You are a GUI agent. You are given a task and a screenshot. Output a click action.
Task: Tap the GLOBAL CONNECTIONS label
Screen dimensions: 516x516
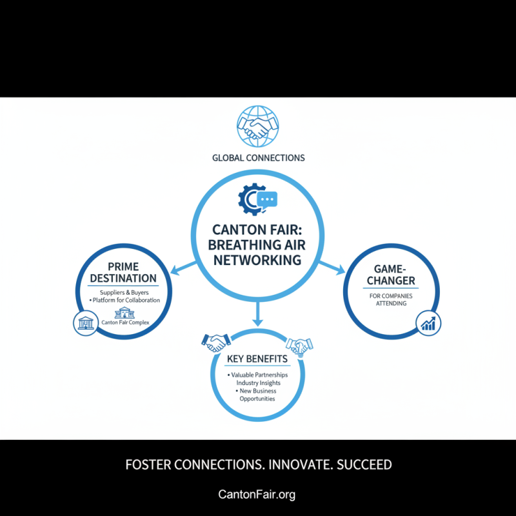click(258, 157)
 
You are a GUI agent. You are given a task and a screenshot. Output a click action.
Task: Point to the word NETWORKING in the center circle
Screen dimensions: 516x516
click(258, 260)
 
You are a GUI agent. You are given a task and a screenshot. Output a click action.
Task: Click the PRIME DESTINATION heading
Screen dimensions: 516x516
click(123, 272)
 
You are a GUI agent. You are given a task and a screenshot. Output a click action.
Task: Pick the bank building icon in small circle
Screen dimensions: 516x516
click(83, 323)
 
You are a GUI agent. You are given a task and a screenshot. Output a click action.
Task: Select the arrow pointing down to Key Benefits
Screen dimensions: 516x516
click(258, 313)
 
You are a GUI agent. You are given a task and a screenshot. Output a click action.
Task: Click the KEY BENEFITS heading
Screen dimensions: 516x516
click(258, 359)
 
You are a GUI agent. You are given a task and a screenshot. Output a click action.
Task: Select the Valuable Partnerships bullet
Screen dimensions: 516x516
click(257, 375)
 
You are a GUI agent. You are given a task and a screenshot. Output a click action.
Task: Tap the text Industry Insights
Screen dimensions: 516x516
click(258, 383)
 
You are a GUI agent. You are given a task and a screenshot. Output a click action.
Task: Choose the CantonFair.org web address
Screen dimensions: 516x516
click(257, 495)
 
